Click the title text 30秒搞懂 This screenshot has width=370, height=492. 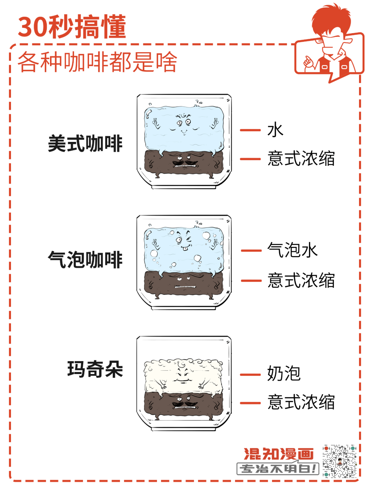click(72, 27)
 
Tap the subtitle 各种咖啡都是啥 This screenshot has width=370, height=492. click(97, 62)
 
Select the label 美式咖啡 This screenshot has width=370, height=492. click(85, 144)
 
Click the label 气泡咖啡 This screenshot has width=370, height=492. click(85, 260)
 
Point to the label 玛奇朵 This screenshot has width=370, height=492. click(95, 369)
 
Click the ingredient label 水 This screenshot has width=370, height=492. click(275, 130)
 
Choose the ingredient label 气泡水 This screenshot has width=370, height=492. click(292, 250)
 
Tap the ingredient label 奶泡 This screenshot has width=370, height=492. click(284, 373)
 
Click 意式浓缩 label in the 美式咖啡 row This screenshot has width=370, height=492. click(301, 158)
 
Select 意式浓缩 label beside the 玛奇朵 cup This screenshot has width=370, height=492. click(301, 402)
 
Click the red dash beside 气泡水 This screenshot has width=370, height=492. click(251, 250)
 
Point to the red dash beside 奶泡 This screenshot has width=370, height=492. click(250, 374)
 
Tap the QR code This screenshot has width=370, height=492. click(340, 461)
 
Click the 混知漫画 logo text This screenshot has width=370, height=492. click(279, 454)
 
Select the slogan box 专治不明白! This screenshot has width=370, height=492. click(278, 468)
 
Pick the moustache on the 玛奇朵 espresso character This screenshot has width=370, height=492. click(185, 404)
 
